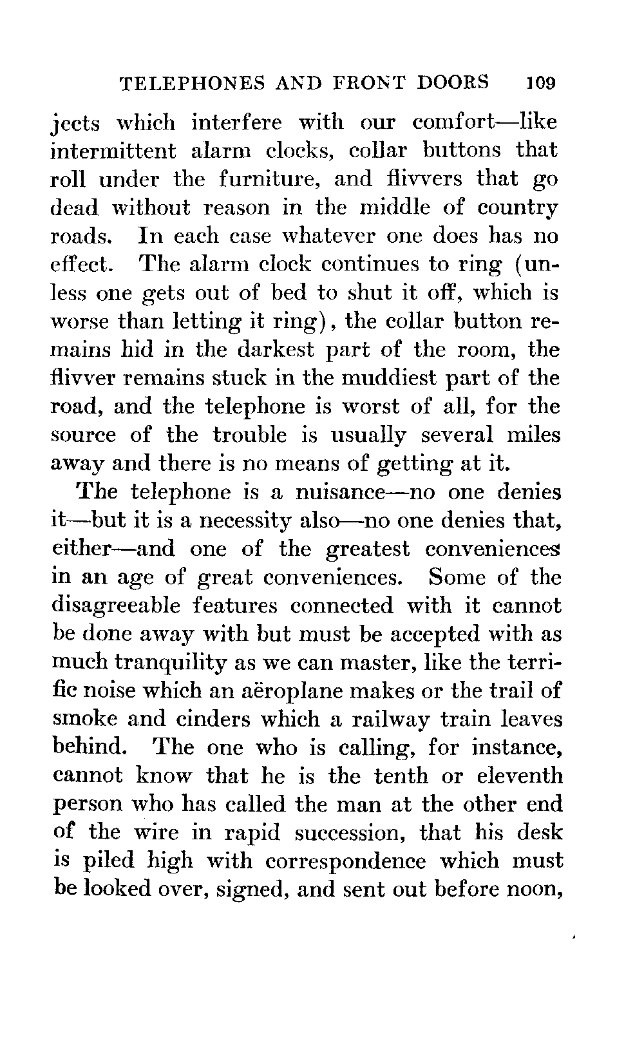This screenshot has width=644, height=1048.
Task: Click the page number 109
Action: pyautogui.click(x=540, y=83)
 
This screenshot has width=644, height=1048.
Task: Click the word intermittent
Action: pyautogui.click(x=113, y=151)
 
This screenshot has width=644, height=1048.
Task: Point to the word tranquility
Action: pyautogui.click(x=168, y=663)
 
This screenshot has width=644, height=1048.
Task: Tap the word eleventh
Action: pyautogui.click(x=520, y=776)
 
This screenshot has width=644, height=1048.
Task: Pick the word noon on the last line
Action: pyautogui.click(x=535, y=890)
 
